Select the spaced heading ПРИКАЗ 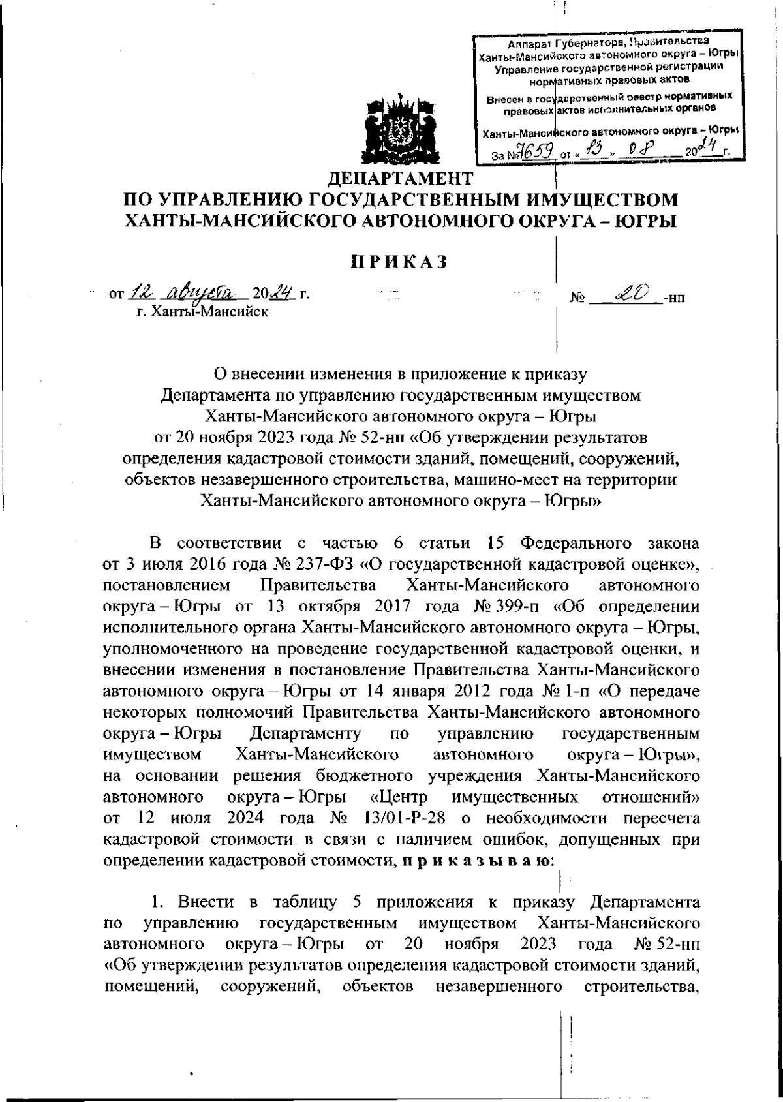(399, 262)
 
